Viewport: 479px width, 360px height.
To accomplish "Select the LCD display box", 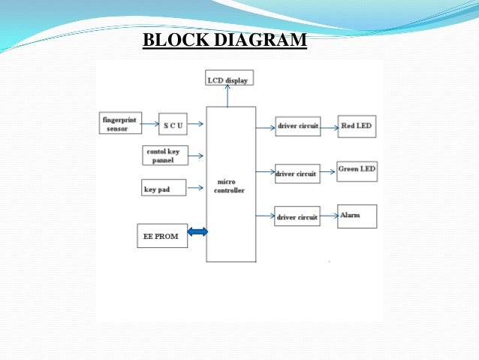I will coord(229,78).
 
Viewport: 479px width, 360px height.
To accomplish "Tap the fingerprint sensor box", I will coord(120,123).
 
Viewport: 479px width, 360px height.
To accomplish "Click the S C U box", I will coord(173,123).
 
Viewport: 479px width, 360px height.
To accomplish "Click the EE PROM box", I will coord(161,236).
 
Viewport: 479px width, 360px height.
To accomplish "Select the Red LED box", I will coord(357,126).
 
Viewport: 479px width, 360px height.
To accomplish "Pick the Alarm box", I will coord(357,216).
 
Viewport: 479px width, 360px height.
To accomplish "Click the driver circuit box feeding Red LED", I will coord(297,127).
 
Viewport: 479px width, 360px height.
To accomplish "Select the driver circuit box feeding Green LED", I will coord(297,174).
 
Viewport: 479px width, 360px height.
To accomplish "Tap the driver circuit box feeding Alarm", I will coord(297,216).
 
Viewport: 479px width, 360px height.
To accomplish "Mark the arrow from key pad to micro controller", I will coord(195,188).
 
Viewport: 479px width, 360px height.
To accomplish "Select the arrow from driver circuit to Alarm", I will coord(329,216).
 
